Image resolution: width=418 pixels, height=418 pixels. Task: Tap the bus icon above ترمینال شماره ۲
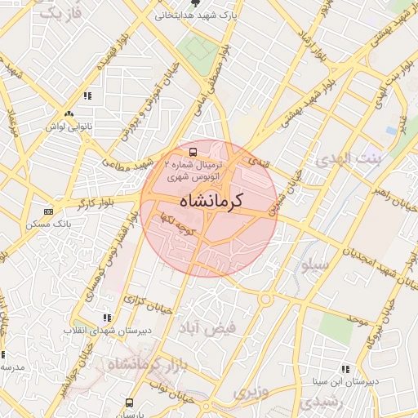coord(193,152)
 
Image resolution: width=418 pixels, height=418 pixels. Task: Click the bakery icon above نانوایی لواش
coord(69,114)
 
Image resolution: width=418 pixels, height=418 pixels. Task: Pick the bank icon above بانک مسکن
coord(47,211)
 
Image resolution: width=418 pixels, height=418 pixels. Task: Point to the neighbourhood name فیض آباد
coord(209,327)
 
